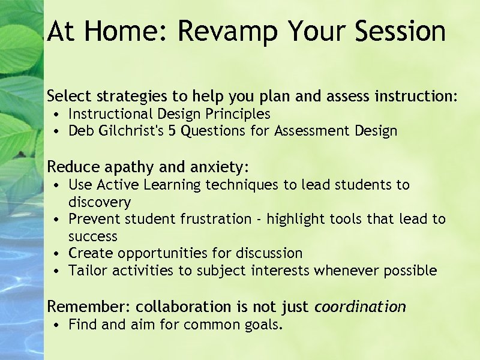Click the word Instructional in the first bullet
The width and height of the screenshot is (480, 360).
(110, 114)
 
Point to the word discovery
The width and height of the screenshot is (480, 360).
(100, 202)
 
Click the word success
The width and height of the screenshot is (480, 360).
(93, 236)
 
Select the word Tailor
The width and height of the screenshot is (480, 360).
(88, 271)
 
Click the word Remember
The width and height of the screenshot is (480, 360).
(87, 307)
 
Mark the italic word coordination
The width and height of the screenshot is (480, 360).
(360, 307)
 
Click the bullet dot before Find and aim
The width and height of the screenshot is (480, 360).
(55, 326)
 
